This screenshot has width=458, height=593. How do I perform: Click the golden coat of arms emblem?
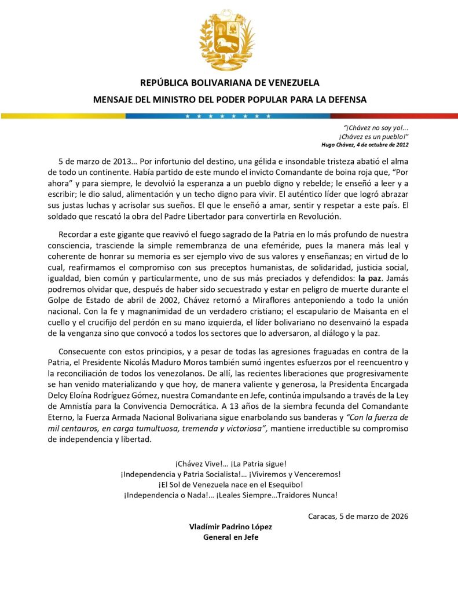click(x=227, y=40)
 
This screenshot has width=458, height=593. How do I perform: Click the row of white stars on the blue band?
click(x=228, y=116)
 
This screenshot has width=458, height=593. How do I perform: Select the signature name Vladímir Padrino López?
click(x=230, y=527)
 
